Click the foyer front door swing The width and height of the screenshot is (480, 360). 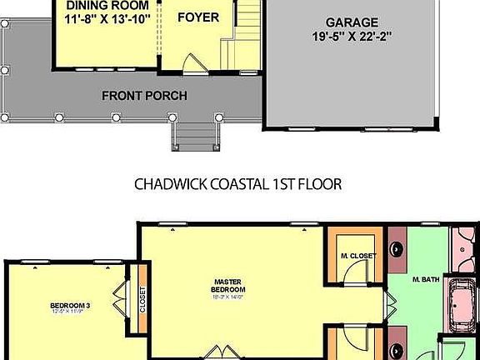tap(192, 62)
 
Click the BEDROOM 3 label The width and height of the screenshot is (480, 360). tap(70, 306)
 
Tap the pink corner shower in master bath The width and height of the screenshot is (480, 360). tap(464, 246)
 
